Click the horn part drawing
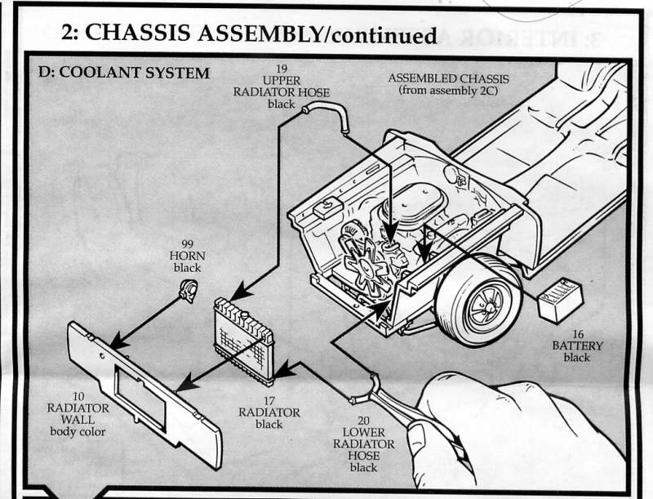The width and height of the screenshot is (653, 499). click(x=188, y=289)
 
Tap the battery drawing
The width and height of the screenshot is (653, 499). click(x=560, y=300)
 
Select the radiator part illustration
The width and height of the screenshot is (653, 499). click(x=242, y=340)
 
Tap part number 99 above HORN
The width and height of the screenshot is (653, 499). click(x=187, y=243)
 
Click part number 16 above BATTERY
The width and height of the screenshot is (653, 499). click(x=576, y=333)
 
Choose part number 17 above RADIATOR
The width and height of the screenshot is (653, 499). click(x=269, y=399)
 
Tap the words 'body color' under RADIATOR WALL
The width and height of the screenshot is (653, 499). click(x=78, y=432)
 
